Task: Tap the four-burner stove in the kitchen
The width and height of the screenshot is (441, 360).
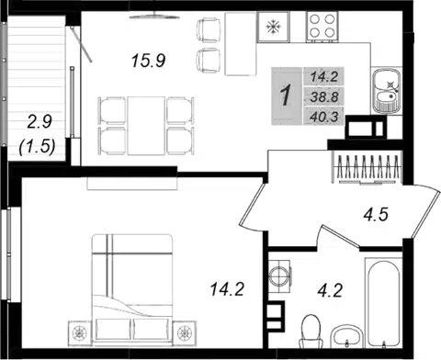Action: (x=322, y=27)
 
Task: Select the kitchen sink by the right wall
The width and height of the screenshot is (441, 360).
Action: (x=387, y=91)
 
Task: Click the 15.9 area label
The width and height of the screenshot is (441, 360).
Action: (x=149, y=61)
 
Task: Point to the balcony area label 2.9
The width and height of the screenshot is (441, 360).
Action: (x=40, y=122)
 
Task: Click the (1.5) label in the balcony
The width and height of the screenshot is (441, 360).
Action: (x=37, y=146)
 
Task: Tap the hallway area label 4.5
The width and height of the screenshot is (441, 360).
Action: (x=376, y=214)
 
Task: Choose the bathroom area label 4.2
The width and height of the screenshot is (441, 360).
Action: (x=330, y=290)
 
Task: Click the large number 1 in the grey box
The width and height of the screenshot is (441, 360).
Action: (x=286, y=96)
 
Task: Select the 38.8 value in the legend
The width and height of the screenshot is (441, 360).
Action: (x=324, y=97)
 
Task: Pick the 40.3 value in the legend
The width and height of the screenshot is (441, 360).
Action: (x=324, y=117)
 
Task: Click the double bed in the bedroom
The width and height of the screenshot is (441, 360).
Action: (x=131, y=288)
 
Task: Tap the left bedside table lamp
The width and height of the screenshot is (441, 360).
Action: (x=79, y=332)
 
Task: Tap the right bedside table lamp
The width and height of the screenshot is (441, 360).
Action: (x=185, y=332)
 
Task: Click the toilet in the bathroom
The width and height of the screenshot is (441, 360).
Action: (x=311, y=332)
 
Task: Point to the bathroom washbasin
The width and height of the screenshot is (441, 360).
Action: (x=347, y=337)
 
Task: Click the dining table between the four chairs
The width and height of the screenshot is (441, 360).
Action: (x=146, y=126)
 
